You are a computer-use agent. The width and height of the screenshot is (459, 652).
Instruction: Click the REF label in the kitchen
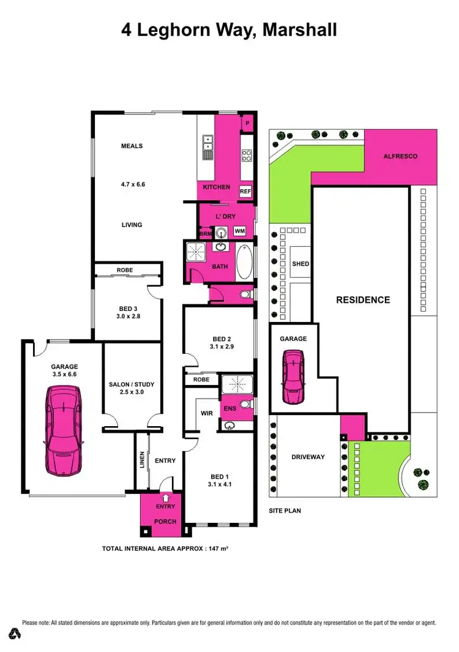pos(245,192)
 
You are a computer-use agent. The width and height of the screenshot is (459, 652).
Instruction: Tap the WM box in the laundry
pos(240,231)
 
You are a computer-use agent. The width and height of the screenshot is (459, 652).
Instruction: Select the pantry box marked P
pos(247,123)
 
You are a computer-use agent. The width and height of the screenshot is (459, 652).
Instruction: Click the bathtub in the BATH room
pos(244,263)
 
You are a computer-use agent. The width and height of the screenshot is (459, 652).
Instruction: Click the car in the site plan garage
pos(293,375)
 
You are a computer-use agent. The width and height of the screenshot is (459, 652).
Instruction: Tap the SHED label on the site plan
pos(300,264)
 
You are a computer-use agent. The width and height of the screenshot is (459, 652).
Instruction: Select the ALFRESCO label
pos(400,156)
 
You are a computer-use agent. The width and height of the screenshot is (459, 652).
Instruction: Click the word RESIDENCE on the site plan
pos(362,300)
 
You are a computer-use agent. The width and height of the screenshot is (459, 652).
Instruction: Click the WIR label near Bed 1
pos(207,413)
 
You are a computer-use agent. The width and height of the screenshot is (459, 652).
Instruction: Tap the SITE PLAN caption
pos(285,510)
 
